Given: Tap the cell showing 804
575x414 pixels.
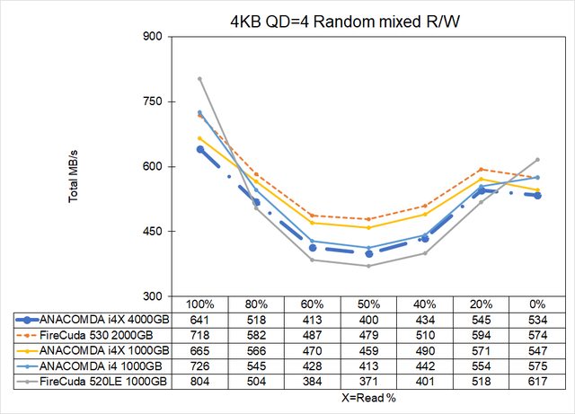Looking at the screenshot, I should point(199,381).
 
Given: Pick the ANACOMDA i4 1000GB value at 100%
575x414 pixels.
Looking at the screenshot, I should point(199,366).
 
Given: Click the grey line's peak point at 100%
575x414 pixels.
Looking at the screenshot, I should point(199,79).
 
